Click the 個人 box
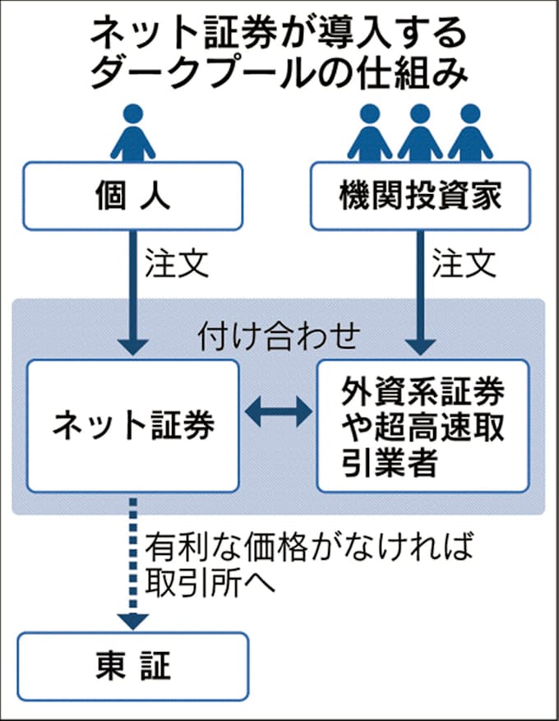(x=132, y=196)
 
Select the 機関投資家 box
(x=420, y=196)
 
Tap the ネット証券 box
(x=133, y=425)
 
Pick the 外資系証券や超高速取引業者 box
(x=423, y=425)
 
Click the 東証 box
(x=132, y=665)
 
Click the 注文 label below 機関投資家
(x=465, y=264)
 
